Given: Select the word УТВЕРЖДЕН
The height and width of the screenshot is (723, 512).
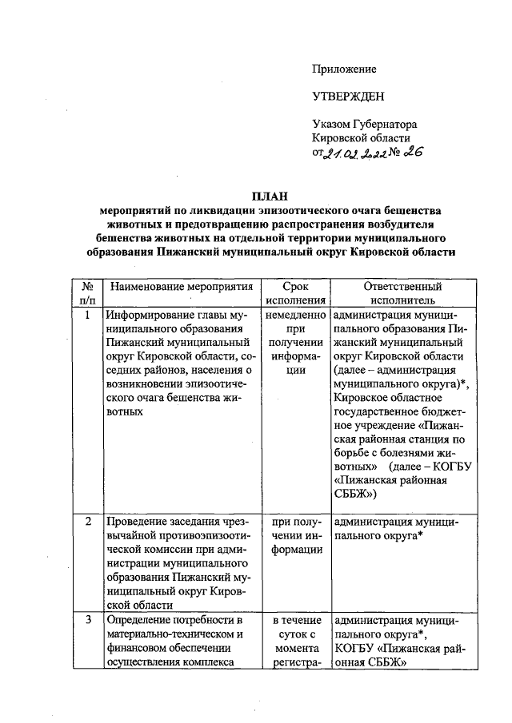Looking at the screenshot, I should point(348,97).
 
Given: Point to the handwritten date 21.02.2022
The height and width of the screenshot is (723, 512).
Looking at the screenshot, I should point(354,154).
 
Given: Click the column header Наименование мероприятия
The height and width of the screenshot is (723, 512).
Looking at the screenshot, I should point(182,287).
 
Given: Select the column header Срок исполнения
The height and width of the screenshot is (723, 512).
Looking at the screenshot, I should point(294,293).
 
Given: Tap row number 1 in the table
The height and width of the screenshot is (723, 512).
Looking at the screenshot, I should point(86,315).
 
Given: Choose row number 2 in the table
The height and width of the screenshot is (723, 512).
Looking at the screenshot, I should point(86,522).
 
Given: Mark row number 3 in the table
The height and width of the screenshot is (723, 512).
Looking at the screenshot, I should point(86,619).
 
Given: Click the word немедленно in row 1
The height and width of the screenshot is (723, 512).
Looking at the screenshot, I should point(294,315).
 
